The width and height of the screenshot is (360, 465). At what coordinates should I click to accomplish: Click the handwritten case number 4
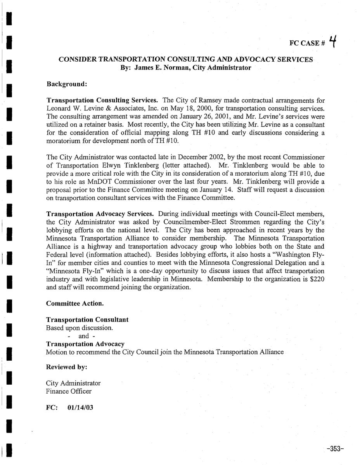coord(332,41)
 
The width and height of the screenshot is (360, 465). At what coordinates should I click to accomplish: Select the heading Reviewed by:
coord(66,366)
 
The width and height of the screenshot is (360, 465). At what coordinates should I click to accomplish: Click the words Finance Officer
coord(69,391)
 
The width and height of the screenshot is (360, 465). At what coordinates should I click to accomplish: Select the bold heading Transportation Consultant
coord(87,320)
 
